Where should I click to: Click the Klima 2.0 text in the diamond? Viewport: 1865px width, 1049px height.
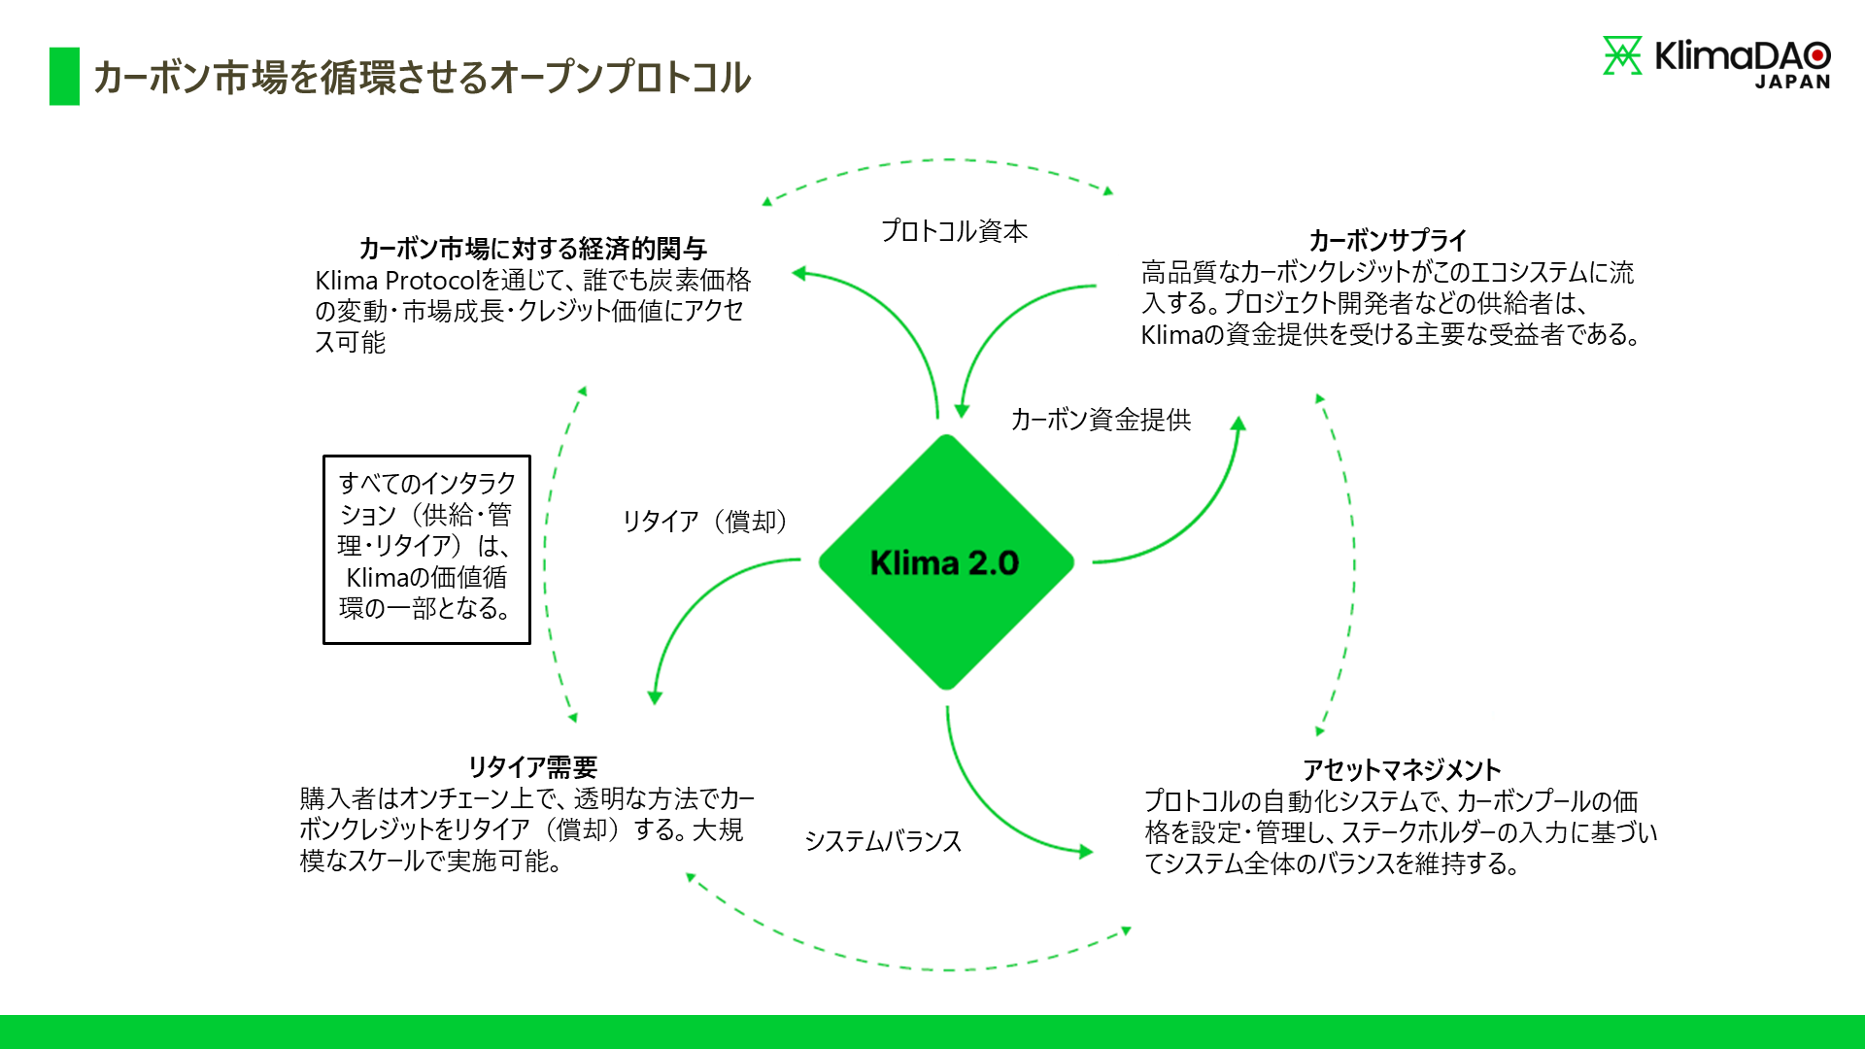point(944,562)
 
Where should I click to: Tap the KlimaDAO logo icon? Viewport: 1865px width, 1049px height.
point(1621,55)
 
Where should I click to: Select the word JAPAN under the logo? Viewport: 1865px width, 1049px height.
point(1792,83)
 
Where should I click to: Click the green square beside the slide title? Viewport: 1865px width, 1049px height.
point(64,76)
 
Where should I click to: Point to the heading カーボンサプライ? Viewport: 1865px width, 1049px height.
point(1387,240)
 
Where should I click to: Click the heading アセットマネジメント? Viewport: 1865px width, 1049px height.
point(1401,770)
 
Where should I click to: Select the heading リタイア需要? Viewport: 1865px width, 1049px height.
point(532,767)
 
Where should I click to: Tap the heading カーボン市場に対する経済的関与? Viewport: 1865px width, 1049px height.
point(532,249)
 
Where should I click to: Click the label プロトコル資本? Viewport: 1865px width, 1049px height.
point(954,231)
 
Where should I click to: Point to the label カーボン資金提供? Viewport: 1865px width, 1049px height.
point(1101,420)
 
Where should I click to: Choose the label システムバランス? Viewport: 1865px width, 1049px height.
point(883,841)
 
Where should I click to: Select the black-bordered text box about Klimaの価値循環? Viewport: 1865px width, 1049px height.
point(426,549)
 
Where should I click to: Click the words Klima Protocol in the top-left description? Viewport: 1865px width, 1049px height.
point(397,281)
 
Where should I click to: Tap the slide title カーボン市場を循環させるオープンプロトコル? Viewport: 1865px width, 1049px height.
point(422,78)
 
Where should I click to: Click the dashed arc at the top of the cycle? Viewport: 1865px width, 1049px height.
point(937,160)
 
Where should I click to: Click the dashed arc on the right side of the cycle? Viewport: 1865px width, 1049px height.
point(1353,563)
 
